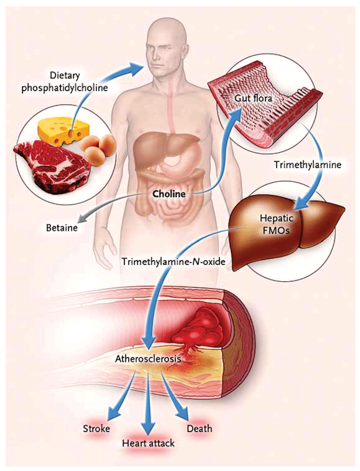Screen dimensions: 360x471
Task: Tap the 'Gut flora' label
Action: click(253, 98)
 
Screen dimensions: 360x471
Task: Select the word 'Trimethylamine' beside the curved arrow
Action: click(308, 165)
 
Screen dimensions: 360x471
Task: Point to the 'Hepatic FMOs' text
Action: click(276, 224)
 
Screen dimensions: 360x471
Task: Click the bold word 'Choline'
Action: click(169, 194)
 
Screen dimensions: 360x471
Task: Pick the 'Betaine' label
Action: click(62, 228)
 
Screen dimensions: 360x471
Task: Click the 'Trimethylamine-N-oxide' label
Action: click(174, 261)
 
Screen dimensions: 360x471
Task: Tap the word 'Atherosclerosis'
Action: click(148, 359)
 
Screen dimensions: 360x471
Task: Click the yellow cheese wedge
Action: click(64, 131)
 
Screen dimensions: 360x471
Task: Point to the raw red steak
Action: click(52, 166)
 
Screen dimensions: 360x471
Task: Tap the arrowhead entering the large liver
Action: click(302, 203)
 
